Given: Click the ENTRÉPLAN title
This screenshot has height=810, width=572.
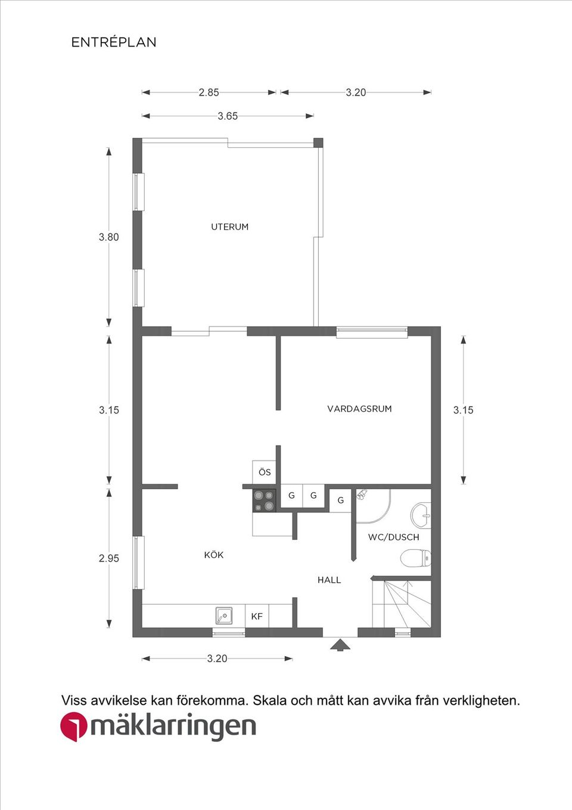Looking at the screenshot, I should coord(114,42).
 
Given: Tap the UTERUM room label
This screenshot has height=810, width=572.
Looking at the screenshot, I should coord(229,227).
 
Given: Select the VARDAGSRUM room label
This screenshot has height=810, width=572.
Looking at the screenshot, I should coord(359,409).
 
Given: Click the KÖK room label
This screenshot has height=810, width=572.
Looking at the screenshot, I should coord(214,555).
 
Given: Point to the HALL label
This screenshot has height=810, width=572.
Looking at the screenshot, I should coord(329,580).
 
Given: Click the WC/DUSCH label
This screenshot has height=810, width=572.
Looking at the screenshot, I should coord(393,537).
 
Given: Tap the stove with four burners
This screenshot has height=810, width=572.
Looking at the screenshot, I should coord(264,500).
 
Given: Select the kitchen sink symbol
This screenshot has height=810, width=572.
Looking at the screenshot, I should coord(224,615).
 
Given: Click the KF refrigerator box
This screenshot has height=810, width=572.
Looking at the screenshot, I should coord(257,616).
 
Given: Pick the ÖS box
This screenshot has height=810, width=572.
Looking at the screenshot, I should coord(265,472).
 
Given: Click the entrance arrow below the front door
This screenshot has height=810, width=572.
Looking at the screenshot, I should coord(340,644).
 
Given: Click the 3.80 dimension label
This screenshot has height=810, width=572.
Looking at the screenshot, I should coord(108,237).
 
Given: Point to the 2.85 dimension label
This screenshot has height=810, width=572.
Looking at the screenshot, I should coord(209,92).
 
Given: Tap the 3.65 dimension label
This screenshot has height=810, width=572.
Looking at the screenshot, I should coord(228,116).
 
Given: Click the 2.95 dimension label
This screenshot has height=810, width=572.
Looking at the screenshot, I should coord(108,558).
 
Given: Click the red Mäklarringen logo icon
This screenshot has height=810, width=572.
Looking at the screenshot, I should coord(73,727).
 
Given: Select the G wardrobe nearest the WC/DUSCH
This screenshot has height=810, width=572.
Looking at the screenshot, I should coord(340,500).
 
